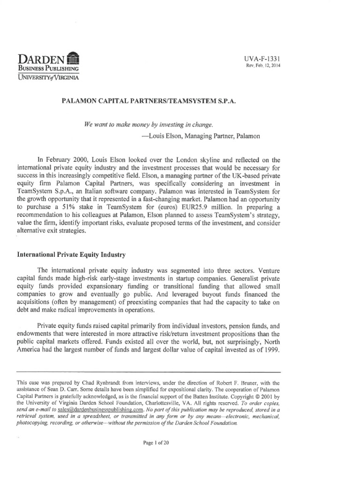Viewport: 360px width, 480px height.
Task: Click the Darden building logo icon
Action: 74,59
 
